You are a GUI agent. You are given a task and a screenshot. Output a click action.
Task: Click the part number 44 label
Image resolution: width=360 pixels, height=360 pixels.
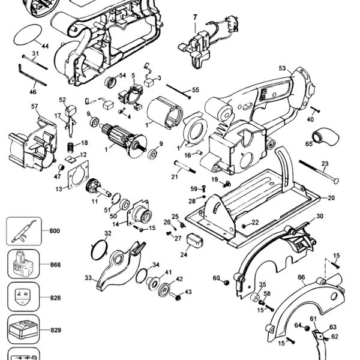pyautogui.click(x=45, y=46)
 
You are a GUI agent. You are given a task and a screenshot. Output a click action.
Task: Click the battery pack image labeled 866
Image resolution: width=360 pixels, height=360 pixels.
pyautogui.click(x=23, y=263)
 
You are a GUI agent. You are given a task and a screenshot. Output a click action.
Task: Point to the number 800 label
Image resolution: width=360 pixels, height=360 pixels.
pyautogui.click(x=55, y=231)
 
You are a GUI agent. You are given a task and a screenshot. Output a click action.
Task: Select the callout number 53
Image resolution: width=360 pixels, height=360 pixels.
pyautogui.click(x=283, y=68)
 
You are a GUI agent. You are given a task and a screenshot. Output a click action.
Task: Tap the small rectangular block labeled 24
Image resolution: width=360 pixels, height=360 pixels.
pyautogui.click(x=196, y=240)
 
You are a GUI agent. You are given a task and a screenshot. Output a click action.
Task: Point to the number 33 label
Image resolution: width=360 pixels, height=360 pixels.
pyautogui.click(x=88, y=278)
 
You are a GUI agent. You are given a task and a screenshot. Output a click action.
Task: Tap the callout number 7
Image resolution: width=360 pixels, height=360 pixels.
pyautogui.click(x=195, y=17)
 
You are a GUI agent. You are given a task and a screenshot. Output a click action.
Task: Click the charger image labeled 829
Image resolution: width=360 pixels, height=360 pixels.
pyautogui.click(x=23, y=330)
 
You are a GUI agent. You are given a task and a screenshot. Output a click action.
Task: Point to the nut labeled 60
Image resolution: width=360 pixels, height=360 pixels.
pyautogui.click(x=227, y=283)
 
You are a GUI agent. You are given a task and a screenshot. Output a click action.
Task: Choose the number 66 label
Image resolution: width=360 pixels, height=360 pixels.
pyautogui.click(x=301, y=277)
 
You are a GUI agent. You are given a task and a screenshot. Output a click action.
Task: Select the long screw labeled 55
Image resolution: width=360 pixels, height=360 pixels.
pyautogui.click(x=179, y=92)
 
